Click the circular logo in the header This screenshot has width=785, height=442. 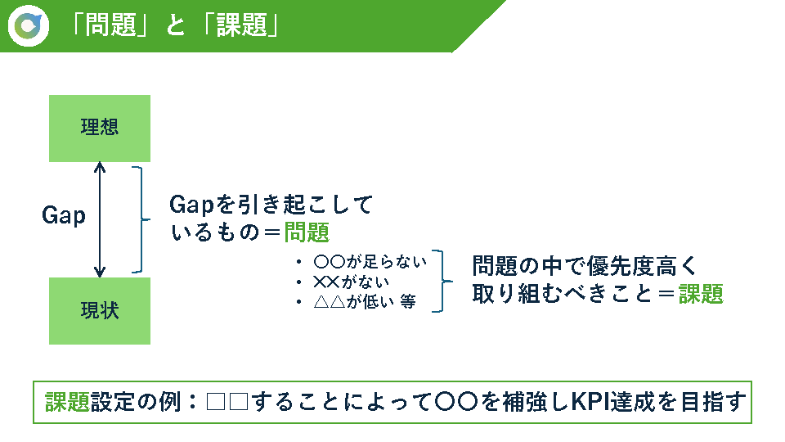point(29,25)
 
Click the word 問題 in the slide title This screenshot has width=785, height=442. point(110,25)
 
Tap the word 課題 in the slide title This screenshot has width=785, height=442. point(242,25)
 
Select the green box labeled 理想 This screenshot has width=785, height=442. point(100,129)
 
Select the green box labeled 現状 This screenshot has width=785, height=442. point(100,311)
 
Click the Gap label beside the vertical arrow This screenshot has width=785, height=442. point(64,215)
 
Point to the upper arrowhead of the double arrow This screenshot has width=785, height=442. point(100,167)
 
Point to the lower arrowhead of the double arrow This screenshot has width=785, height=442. point(100,272)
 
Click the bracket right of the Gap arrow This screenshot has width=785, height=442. point(142,219)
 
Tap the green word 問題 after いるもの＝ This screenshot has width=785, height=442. point(307,232)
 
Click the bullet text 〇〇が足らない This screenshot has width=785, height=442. point(370,262)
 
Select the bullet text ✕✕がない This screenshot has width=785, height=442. point(352,282)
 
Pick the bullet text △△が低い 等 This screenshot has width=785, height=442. point(365,302)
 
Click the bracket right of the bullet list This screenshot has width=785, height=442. point(442,281)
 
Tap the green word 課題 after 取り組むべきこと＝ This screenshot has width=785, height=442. point(701,294)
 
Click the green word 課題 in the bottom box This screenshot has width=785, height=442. point(68,402)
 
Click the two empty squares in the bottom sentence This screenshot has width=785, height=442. point(227,402)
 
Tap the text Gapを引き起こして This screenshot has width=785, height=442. point(271,205)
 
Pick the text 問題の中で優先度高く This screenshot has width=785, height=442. point(585,265)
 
